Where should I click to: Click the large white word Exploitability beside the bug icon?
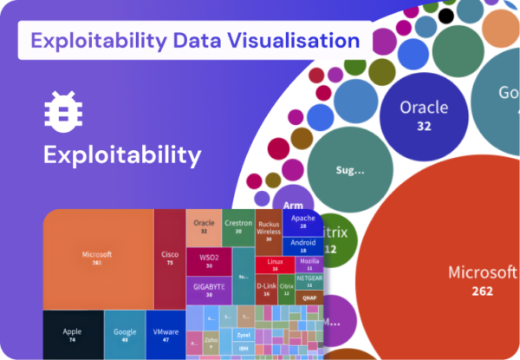coord(122,156)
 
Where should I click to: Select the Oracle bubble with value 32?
coord(424,113)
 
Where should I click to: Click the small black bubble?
coord(446,15)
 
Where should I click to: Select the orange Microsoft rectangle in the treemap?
coord(98,259)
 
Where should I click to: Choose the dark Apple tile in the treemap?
coord(72,334)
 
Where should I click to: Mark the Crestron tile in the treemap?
coord(238,226)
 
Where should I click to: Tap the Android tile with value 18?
coord(303,245)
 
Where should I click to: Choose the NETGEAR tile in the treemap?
coord(309,279)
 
